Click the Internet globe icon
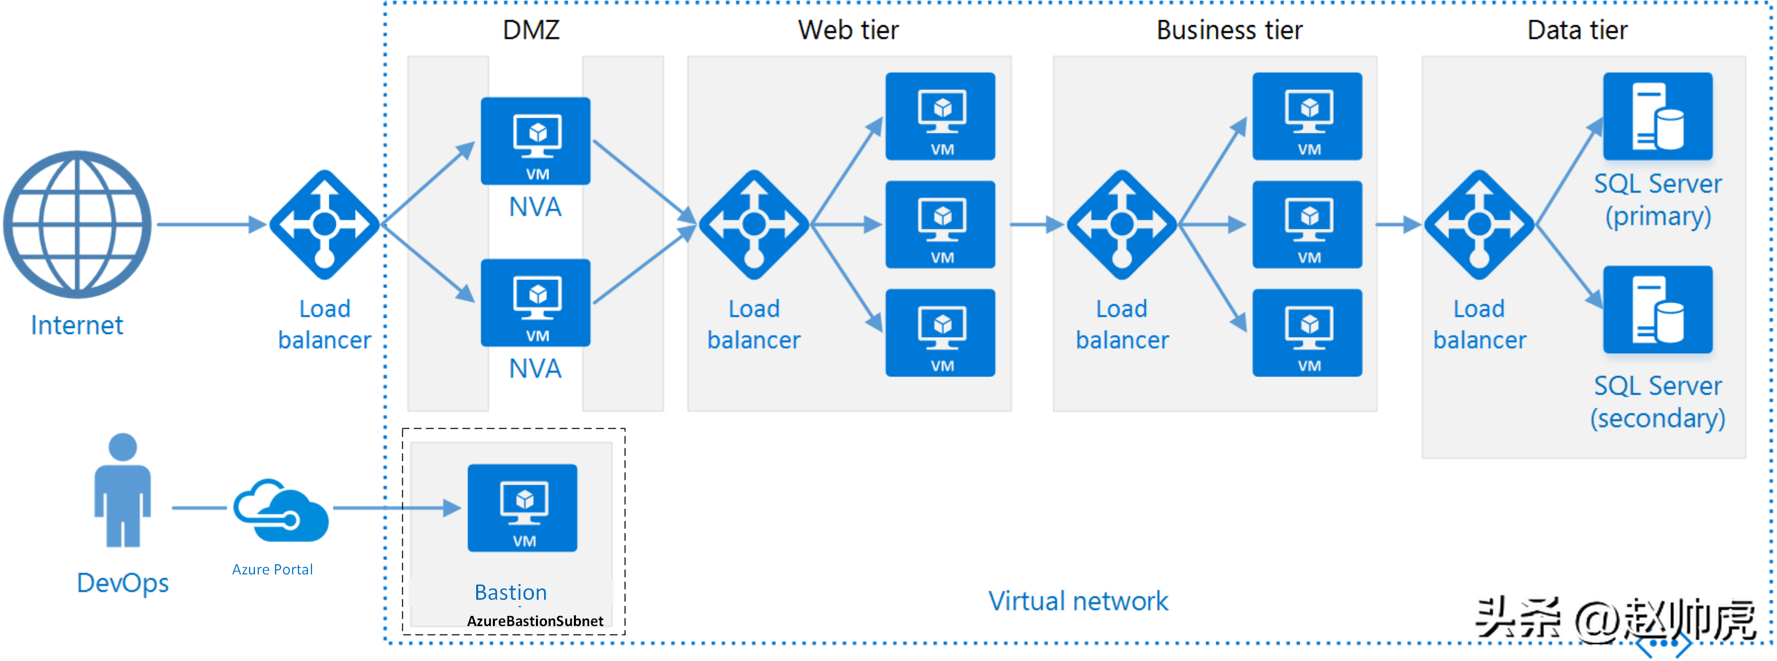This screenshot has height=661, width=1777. pos(78,224)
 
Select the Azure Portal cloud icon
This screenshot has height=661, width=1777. pos(281,510)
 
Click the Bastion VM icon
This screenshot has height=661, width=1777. pos(522,508)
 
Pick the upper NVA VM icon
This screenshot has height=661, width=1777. pos(535,141)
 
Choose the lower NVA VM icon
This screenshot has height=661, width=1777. pos(535,303)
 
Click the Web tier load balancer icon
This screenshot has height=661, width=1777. pos(754,225)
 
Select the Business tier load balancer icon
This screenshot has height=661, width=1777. pos(1122,225)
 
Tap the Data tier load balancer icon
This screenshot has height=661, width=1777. pos(1479,225)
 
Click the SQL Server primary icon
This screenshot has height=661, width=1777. pos(1657,116)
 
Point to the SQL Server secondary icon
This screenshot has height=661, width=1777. pos(1657,309)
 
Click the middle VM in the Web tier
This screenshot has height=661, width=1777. pos(940,224)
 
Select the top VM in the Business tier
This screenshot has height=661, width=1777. pos(1307,116)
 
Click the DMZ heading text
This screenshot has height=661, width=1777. pos(531,30)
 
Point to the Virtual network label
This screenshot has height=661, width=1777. pos(1078,601)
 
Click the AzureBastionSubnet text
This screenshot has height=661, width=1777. pos(535,621)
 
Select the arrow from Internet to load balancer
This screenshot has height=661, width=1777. pos(212,224)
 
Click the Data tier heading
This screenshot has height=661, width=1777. pos(1577,30)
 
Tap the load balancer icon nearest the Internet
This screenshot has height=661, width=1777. pos(324,225)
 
